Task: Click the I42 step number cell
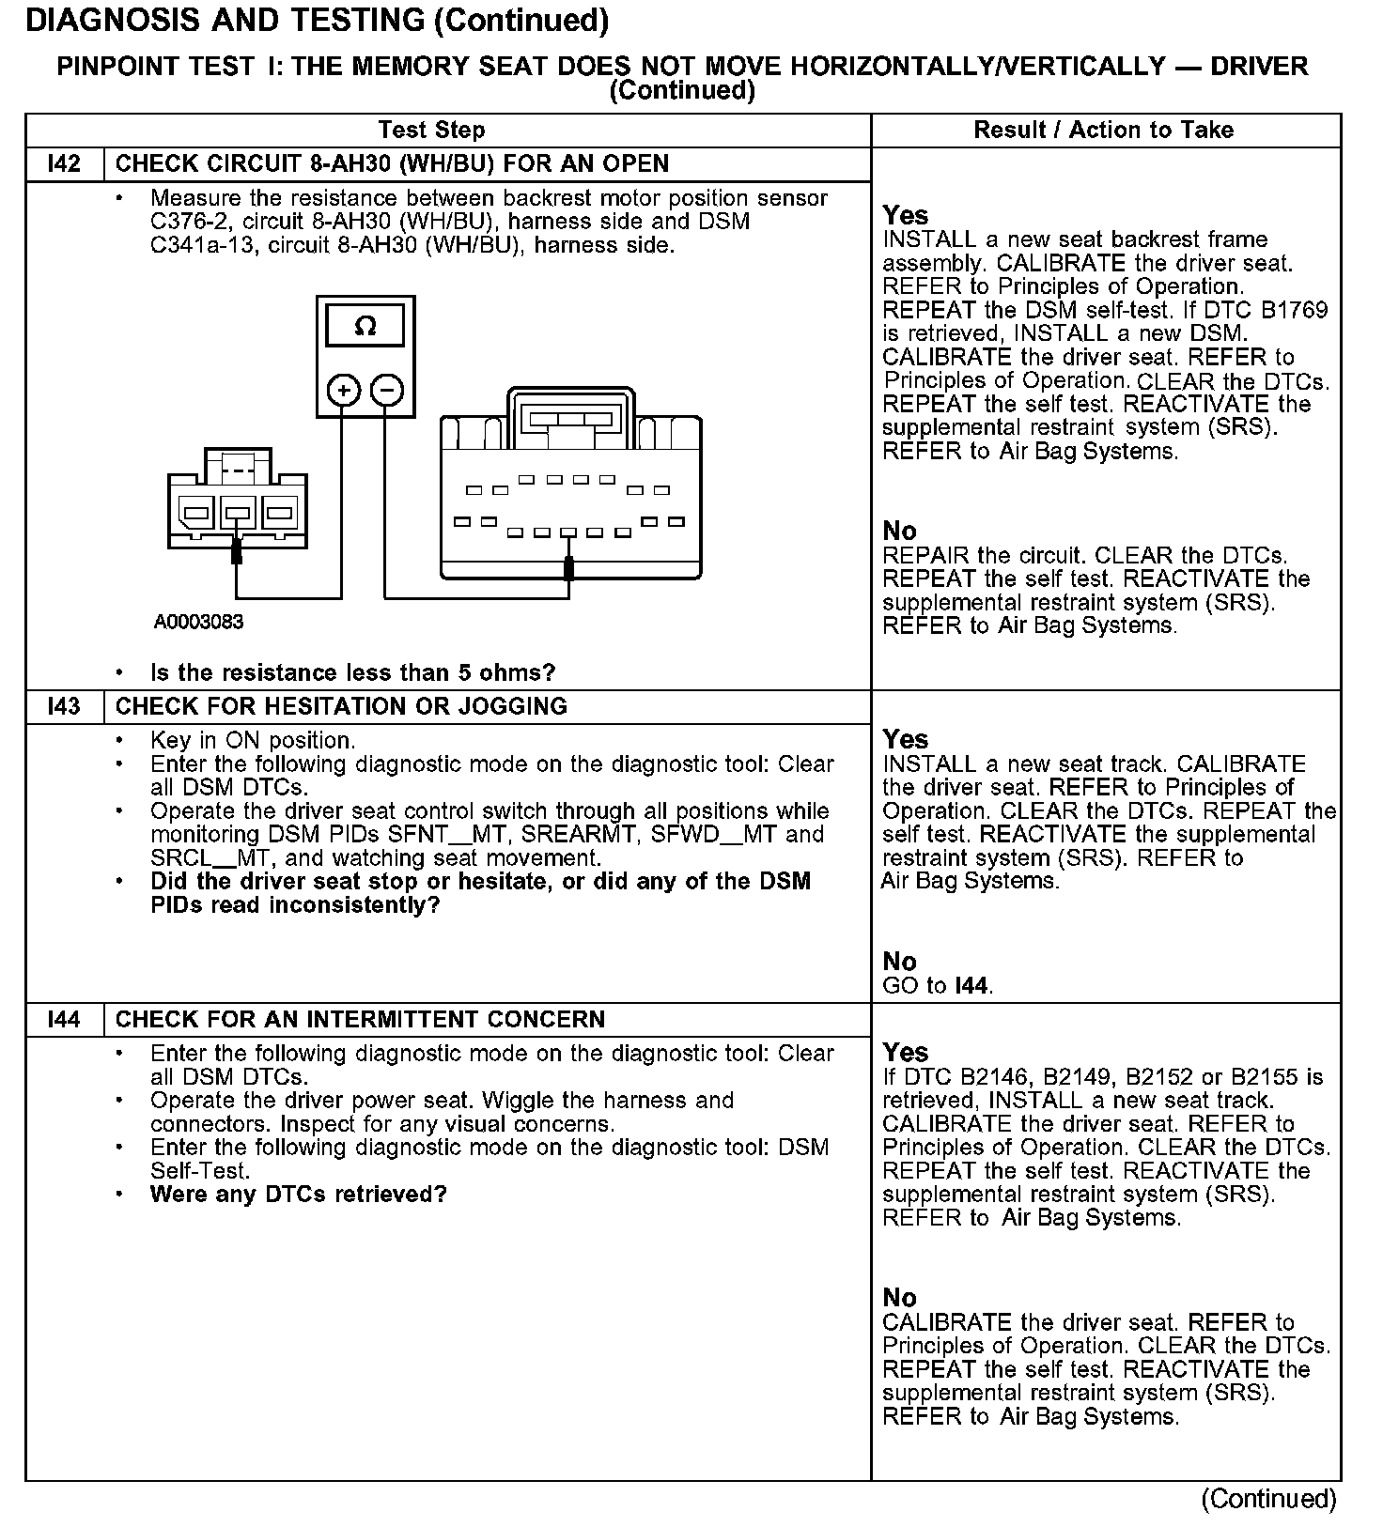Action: point(64,164)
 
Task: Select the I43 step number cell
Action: point(64,706)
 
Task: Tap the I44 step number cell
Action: point(64,1019)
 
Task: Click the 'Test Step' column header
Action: point(431,131)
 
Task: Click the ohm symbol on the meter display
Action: point(365,327)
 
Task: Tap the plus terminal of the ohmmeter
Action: point(344,390)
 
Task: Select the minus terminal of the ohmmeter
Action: point(387,390)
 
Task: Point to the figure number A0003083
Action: point(199,622)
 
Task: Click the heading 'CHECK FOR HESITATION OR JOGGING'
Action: point(341,706)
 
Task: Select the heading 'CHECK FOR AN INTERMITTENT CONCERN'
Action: point(360,1019)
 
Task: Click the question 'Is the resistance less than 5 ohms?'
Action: point(352,672)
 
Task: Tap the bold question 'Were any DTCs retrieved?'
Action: point(298,1195)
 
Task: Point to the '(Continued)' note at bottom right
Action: point(1268,1499)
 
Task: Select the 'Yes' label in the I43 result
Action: point(905,740)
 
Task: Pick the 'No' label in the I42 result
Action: point(899,532)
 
